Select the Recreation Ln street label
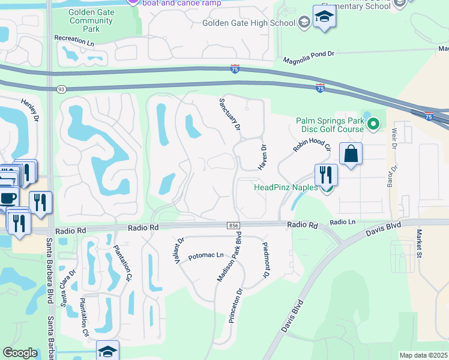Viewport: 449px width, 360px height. pos(74,40)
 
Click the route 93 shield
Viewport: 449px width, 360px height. pos(61,89)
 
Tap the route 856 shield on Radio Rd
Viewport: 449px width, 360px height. pos(234,225)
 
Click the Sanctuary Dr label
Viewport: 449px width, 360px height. pos(230,115)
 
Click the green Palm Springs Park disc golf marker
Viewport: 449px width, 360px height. pos(373,124)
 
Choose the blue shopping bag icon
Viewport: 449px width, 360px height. pos(351,154)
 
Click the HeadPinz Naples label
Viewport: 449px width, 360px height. pos(286,187)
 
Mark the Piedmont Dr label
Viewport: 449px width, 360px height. pos(264,260)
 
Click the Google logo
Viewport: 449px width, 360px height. pos(20,353)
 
